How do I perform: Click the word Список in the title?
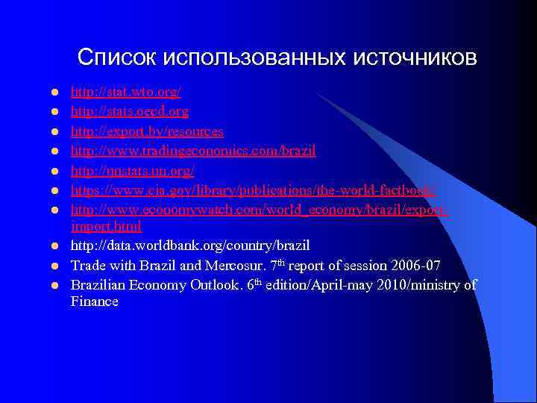pos(116,57)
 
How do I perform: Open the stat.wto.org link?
pos(125,93)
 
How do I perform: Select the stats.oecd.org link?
pos(129,112)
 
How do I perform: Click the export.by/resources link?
pos(147,131)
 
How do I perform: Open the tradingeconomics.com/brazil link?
pos(193,151)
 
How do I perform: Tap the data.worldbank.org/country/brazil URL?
pos(190,245)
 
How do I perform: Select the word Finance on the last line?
pos(95,302)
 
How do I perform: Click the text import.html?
pos(106,225)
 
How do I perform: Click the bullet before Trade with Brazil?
pos(54,265)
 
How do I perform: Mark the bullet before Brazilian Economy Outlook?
pos(54,284)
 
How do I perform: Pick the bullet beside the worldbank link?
pos(54,246)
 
